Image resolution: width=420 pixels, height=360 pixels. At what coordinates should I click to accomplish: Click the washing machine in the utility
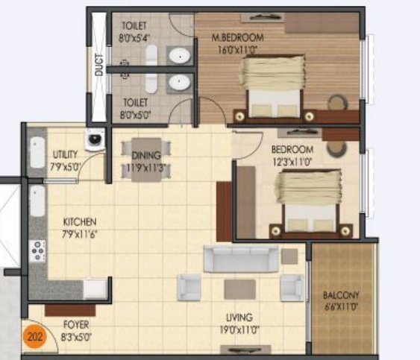(x=94, y=141)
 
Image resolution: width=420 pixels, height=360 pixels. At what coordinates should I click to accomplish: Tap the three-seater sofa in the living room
(x=241, y=259)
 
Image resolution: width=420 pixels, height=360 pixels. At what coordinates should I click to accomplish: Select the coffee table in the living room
(x=239, y=289)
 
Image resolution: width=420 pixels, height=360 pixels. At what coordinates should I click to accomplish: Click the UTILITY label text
(x=63, y=154)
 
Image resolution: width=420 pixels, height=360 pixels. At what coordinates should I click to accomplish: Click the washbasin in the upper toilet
(x=178, y=55)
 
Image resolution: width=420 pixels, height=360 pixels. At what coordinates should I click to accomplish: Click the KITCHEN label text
(x=80, y=222)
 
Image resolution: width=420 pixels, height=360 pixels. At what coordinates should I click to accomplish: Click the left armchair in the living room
(x=189, y=287)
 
